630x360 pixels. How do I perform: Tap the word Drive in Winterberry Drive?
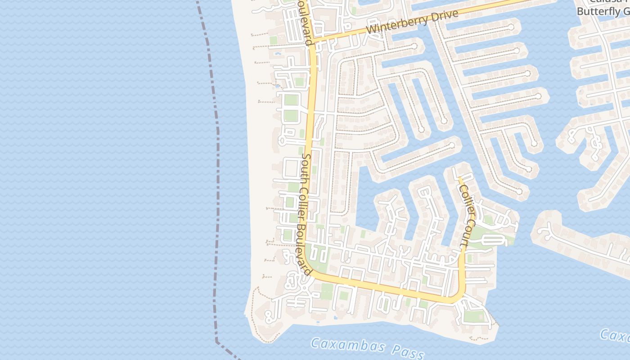[x=443, y=16]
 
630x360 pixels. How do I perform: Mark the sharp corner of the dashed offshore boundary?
[x=217, y=341]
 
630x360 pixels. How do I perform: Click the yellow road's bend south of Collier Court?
[x=458, y=297]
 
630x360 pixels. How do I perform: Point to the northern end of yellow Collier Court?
[x=459, y=177]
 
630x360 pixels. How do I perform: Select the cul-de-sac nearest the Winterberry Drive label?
[x=414, y=46]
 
